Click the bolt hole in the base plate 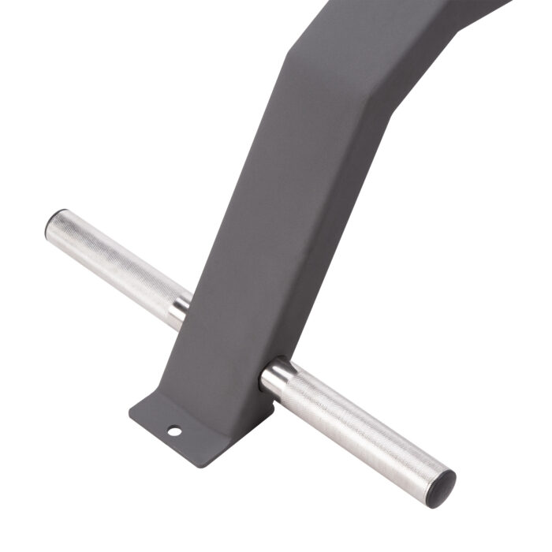tap(173, 431)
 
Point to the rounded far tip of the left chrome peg tap(53, 226)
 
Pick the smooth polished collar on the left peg tap(180, 310)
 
